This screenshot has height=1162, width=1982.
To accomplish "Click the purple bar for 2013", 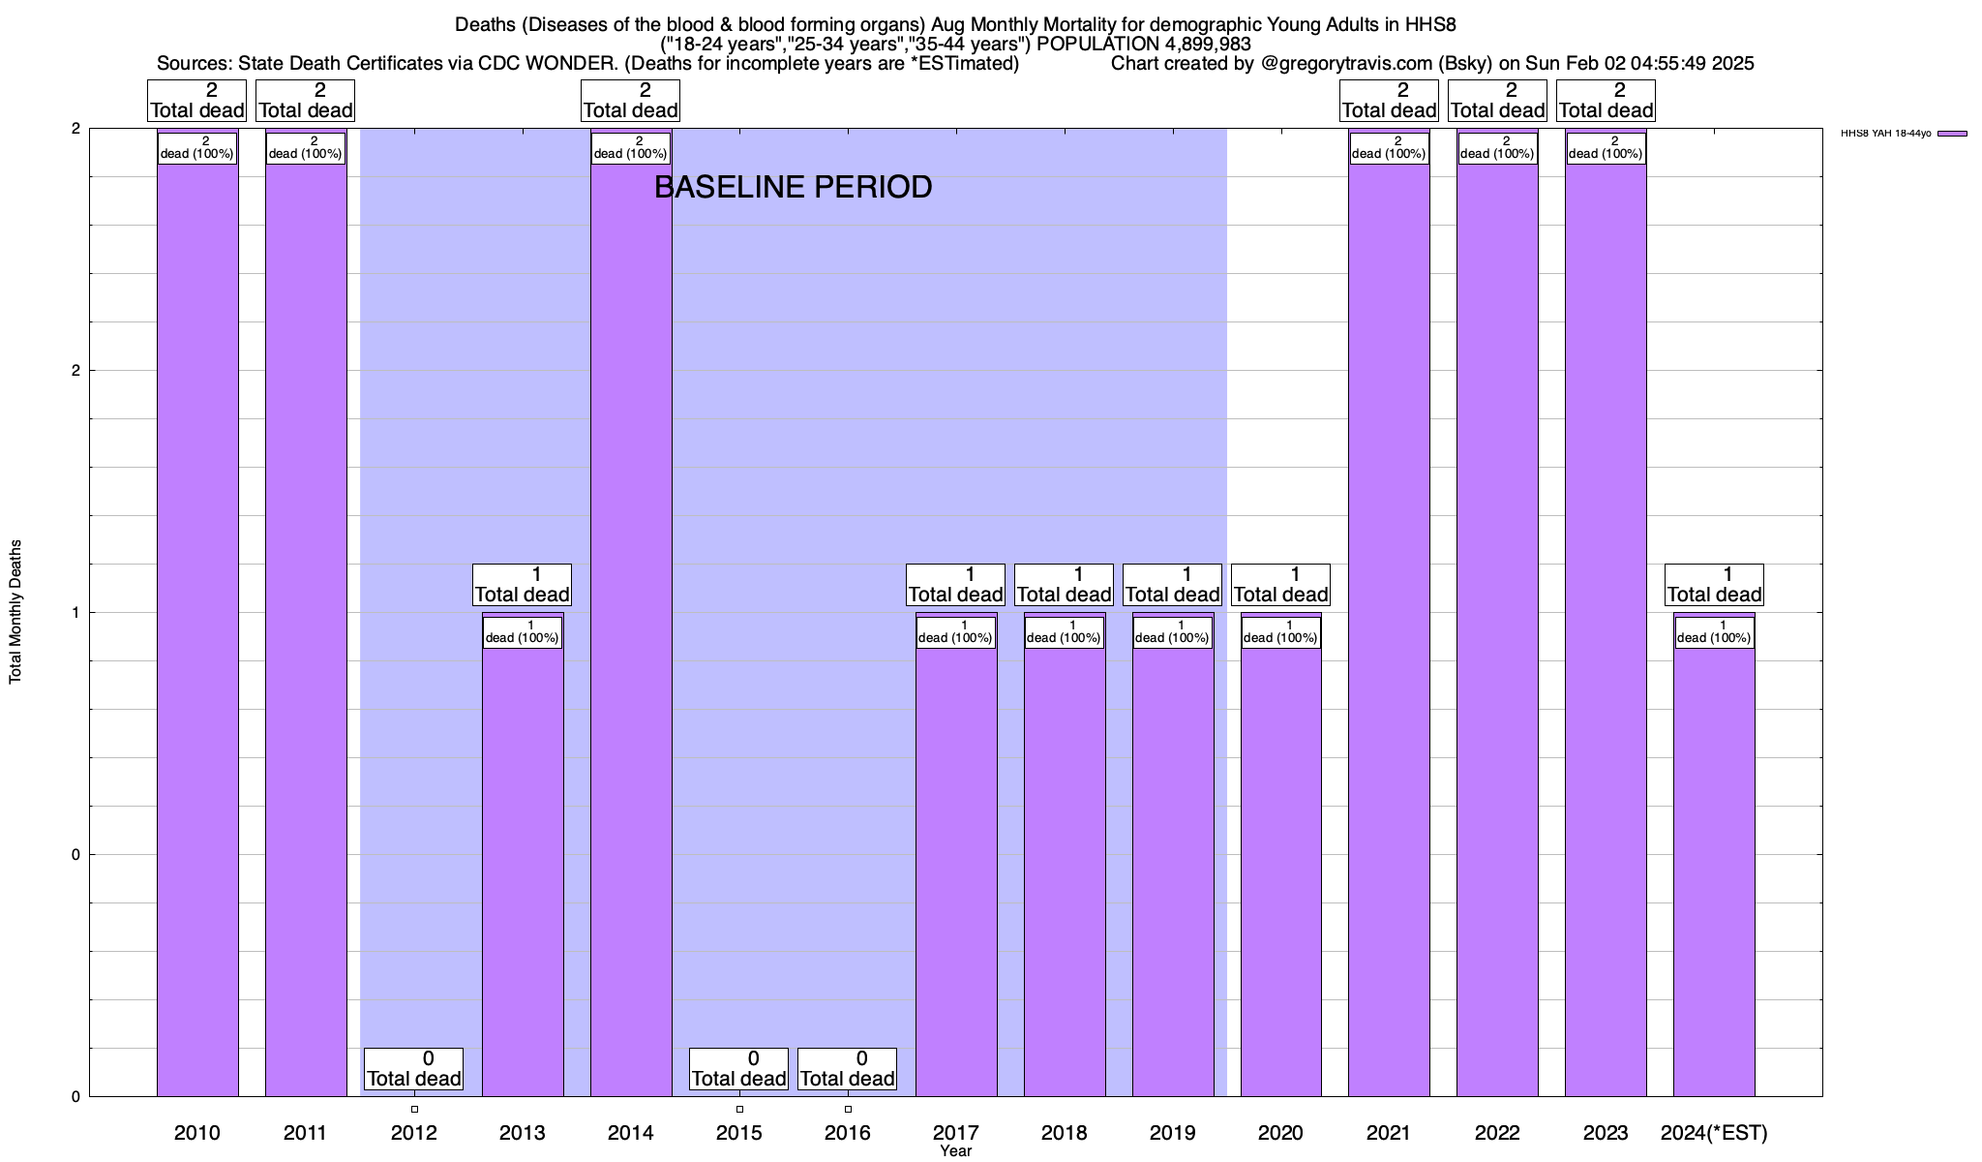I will tap(523, 871).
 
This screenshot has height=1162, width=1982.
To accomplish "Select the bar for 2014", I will tap(631, 629).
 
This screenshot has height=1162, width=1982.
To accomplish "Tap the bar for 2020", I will tap(1281, 871).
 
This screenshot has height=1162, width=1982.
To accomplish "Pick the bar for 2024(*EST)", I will tap(1714, 871).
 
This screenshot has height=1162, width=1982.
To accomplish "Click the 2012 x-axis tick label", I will tap(414, 1133).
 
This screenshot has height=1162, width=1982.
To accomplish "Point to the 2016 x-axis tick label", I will tap(848, 1133).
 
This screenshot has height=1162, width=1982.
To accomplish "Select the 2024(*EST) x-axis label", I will tap(1714, 1133).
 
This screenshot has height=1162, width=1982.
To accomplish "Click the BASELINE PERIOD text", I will tap(794, 187).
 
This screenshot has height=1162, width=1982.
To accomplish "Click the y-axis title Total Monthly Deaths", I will tap(15, 612).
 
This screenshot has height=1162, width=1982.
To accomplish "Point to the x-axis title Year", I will tap(955, 1151).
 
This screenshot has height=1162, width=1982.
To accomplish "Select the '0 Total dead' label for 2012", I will tap(414, 1069).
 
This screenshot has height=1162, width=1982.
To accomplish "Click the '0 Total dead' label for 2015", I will tap(739, 1069).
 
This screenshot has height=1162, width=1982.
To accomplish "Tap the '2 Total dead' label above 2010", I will tap(197, 101).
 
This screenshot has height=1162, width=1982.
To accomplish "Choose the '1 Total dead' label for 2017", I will tap(956, 585).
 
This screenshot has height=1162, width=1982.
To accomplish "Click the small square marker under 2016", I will tap(848, 1109).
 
